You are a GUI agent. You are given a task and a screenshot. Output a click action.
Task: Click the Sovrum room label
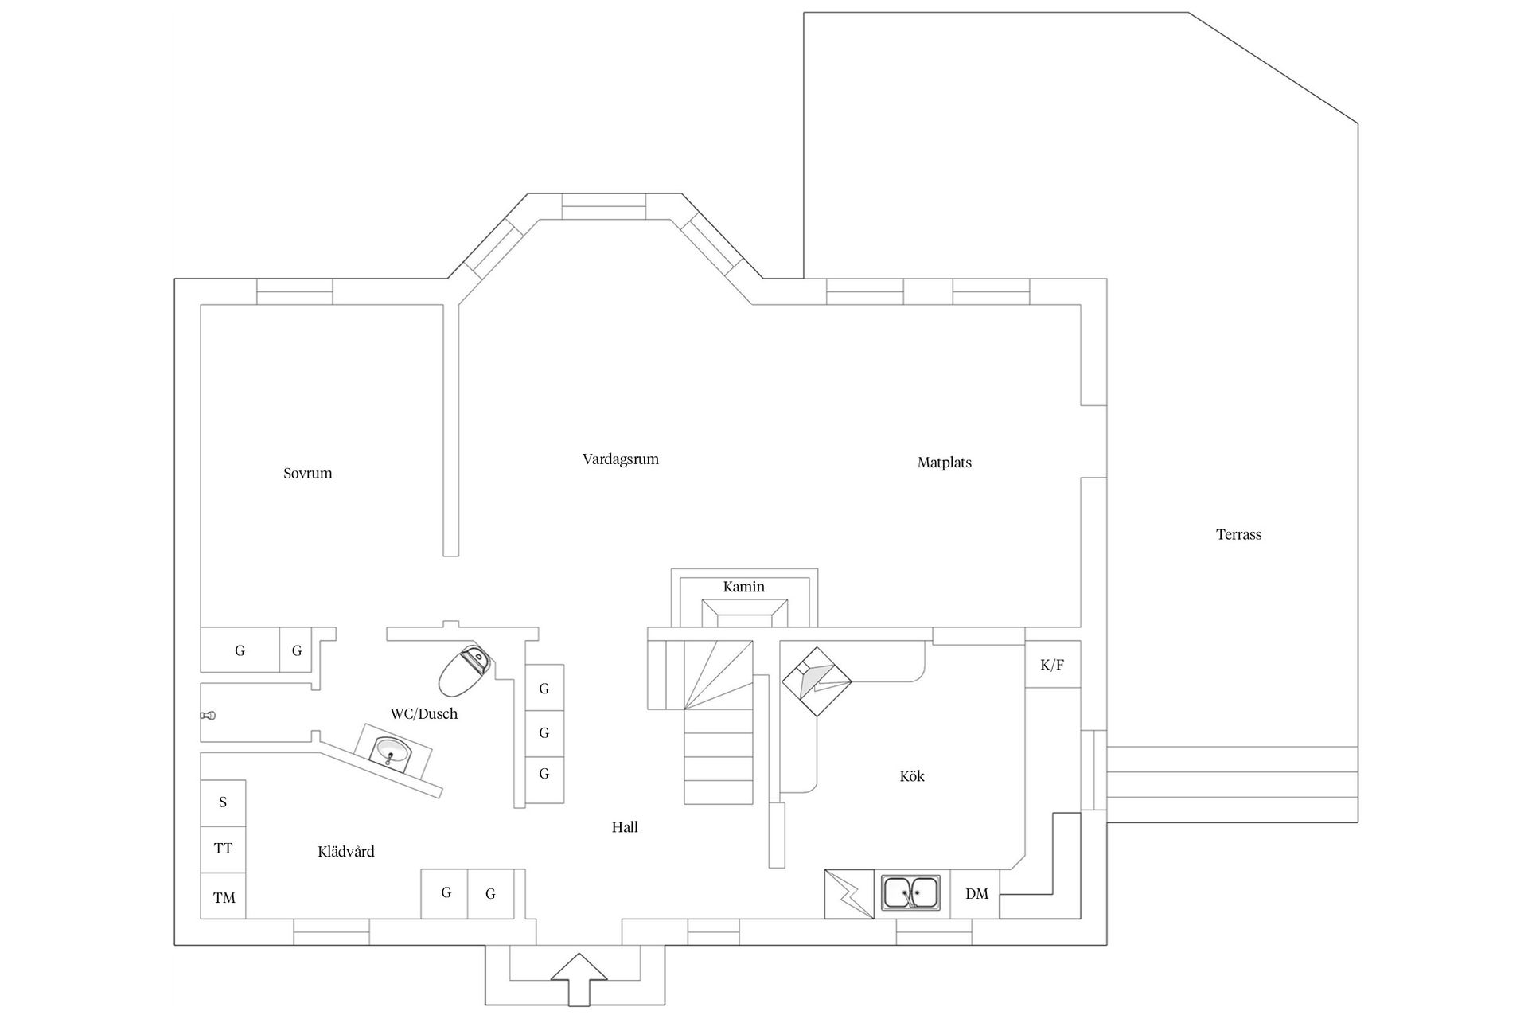point(308,474)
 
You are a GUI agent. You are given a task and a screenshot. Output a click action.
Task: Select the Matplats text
point(945,463)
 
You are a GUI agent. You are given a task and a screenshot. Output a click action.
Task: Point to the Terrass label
point(1239,535)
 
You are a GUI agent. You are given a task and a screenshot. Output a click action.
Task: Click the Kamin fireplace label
point(744,587)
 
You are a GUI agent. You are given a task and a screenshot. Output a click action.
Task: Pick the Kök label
point(912,776)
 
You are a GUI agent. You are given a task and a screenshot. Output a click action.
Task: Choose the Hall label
point(625,827)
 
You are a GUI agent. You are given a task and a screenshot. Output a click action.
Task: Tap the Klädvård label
point(346,852)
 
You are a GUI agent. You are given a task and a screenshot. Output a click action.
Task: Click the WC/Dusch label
point(424,714)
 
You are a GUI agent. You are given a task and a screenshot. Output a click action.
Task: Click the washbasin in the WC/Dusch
point(392,750)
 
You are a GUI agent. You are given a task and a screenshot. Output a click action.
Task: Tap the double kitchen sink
point(911,892)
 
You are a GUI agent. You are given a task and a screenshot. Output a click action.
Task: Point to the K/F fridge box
point(1052,664)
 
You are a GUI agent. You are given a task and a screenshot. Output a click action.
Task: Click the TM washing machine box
point(223,896)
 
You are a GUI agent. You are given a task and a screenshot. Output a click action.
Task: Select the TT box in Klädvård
point(223,849)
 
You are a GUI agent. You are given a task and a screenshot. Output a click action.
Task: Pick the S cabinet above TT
point(223,803)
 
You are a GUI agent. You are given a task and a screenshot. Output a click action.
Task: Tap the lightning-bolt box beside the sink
point(849,893)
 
